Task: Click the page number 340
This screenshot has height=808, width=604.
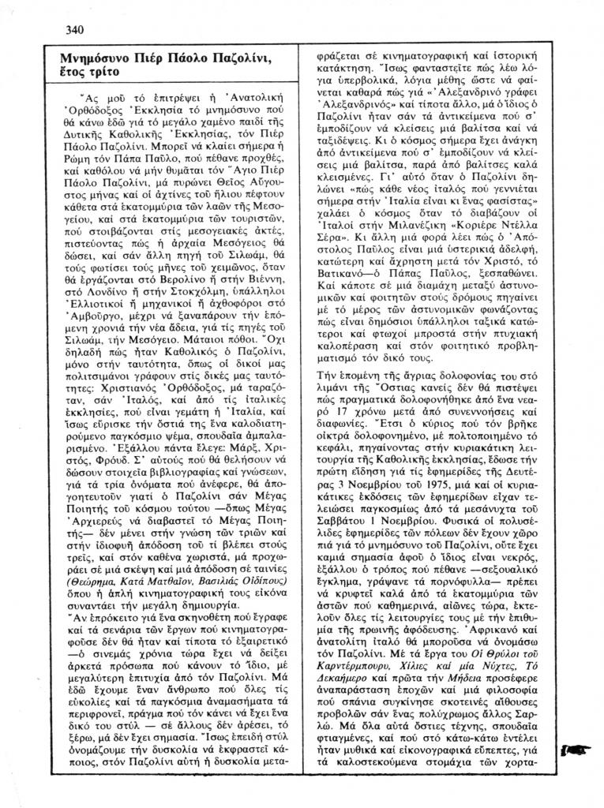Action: tap(75, 31)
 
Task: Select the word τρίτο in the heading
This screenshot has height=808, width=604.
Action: tap(103, 72)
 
